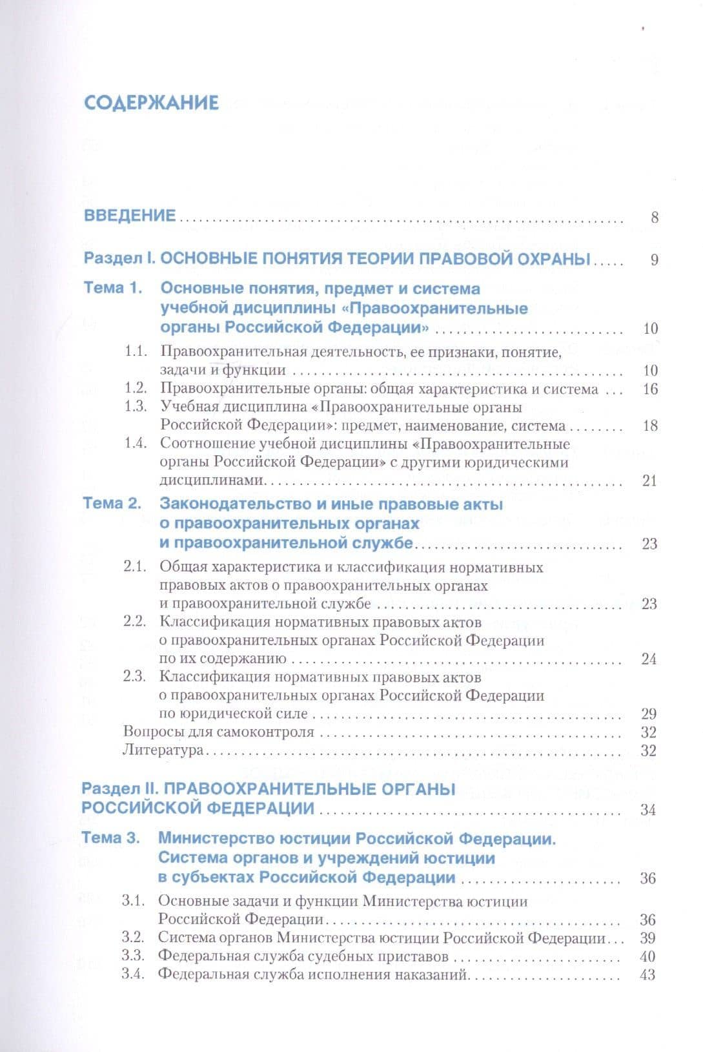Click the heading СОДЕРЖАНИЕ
tap(152, 103)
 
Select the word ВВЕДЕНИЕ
tap(130, 216)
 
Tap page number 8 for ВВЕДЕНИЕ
tap(655, 218)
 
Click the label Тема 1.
tap(113, 288)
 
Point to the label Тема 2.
tap(112, 504)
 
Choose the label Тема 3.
tap(110, 838)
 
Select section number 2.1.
tap(136, 567)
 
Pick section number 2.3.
tap(136, 677)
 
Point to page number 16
tap(650, 389)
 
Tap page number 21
tap(649, 480)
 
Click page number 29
tap(649, 714)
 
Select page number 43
tap(647, 975)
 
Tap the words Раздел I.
tap(120, 260)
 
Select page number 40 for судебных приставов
tap(647, 956)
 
